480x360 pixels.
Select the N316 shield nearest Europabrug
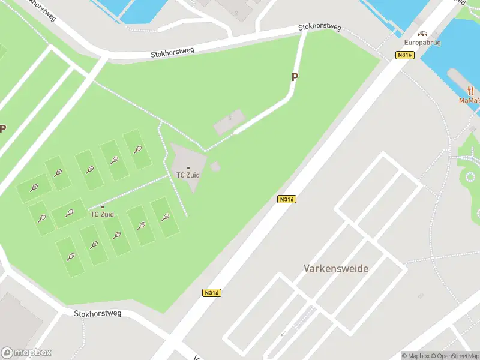pyautogui.click(x=406, y=55)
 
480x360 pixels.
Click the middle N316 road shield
pyautogui.click(x=287, y=199)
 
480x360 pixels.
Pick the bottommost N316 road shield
pyautogui.click(x=211, y=293)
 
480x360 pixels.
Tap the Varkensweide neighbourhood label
pyautogui.click(x=336, y=268)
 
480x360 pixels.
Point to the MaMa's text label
pyautogui.click(x=470, y=100)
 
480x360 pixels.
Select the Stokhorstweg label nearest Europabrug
pyautogui.click(x=320, y=28)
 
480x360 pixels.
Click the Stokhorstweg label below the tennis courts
pyautogui.click(x=97, y=313)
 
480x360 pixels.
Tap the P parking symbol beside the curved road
pyautogui.click(x=295, y=77)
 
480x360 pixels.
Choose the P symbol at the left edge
pyautogui.click(x=3, y=128)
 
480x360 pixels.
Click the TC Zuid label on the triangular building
pyautogui.click(x=188, y=175)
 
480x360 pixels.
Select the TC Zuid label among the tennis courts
pyautogui.click(x=102, y=214)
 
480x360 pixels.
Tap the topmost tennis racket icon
pyautogui.click(x=137, y=149)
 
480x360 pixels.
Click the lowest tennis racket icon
pyautogui.click(x=71, y=257)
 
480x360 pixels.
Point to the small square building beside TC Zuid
pyautogui.click(x=215, y=166)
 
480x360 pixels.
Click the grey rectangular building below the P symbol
pyautogui.click(x=229, y=122)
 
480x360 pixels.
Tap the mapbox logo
pyautogui.click(x=26, y=353)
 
